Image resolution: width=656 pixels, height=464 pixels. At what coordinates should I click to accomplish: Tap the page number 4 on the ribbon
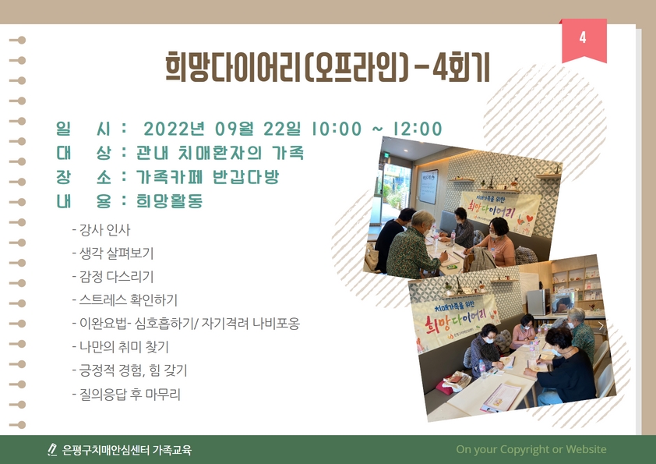pyautogui.click(x=583, y=38)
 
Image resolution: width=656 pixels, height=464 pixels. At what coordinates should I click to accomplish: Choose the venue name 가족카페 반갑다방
pyautogui.click(x=206, y=177)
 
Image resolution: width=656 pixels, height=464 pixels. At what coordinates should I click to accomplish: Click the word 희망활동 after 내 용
pyautogui.click(x=169, y=201)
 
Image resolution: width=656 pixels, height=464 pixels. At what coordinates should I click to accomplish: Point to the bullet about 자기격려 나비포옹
pyautogui.click(x=187, y=324)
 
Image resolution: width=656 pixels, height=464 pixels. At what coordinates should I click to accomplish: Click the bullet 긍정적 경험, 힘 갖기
pyautogui.click(x=132, y=370)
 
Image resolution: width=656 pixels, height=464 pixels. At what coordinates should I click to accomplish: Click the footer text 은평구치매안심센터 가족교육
pyautogui.click(x=126, y=450)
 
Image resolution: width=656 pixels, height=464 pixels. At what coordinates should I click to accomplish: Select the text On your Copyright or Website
pyautogui.click(x=531, y=449)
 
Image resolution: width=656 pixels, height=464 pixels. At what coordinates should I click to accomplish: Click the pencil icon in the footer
pyautogui.click(x=52, y=450)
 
